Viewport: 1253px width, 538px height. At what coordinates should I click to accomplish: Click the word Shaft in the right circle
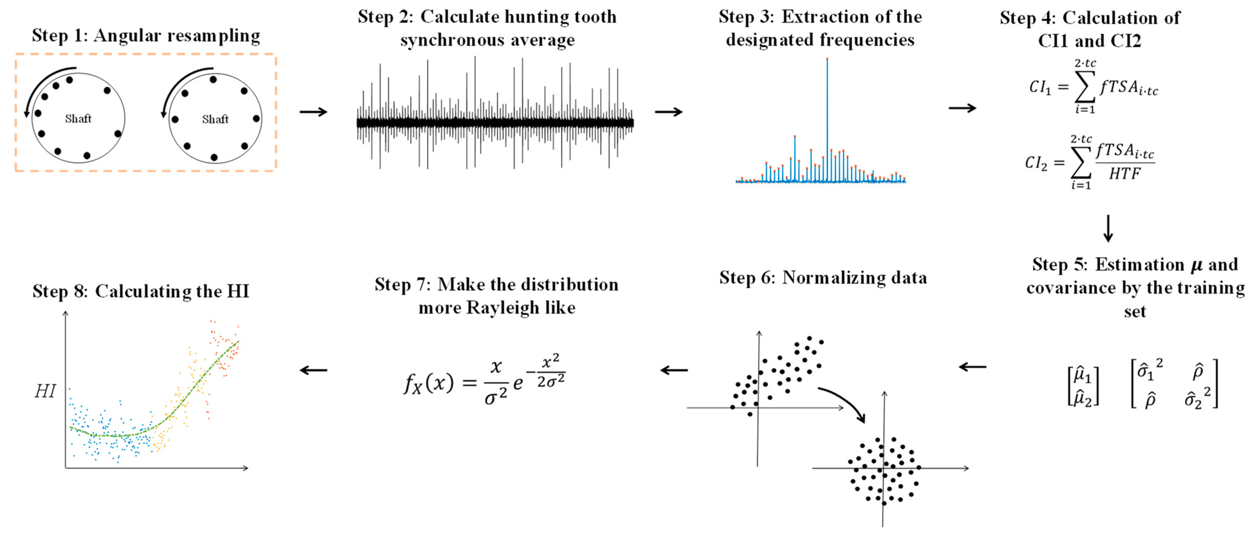[215, 119]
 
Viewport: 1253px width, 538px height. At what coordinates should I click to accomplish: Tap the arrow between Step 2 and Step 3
[668, 112]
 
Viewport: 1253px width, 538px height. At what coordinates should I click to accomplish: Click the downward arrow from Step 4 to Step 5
[1108, 228]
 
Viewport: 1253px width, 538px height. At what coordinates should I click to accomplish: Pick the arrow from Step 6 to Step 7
[674, 370]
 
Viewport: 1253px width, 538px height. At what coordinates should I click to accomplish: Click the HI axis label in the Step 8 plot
[45, 391]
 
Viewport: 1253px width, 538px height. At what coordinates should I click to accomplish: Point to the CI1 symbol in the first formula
[1040, 88]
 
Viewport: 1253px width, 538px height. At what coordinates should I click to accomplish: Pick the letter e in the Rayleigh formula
[518, 383]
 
